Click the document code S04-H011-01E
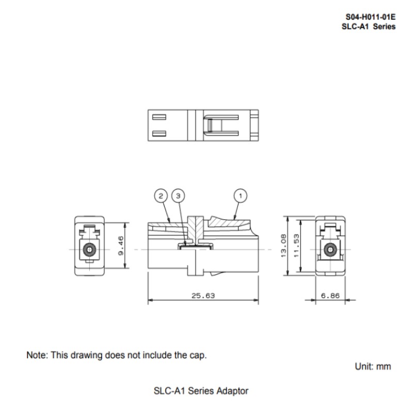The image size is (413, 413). tap(370, 17)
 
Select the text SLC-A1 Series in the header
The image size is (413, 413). tap(369, 27)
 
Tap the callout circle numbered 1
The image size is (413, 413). tap(240, 196)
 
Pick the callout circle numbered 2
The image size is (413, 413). tap(161, 196)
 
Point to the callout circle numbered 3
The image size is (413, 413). tap(178, 196)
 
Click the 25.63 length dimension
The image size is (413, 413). tap(203, 296)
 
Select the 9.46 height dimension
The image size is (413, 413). tap(121, 246)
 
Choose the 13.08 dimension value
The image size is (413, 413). tap(283, 246)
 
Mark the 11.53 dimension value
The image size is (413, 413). tap(296, 246)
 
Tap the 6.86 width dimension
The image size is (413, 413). tap(330, 296)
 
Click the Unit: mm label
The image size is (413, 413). tap(373, 367)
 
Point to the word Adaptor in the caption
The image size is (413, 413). tap(232, 391)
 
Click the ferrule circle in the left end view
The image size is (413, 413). tap(89, 249)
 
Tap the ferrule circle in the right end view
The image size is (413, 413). tap(330, 249)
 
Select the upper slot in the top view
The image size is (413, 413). tap(160, 117)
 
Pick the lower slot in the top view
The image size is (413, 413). tap(160, 134)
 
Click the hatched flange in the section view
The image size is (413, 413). tap(196, 227)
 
